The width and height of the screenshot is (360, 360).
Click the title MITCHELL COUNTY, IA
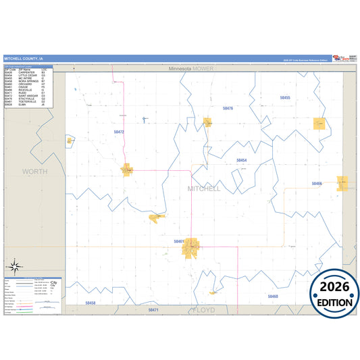pyautogui.click(x=24, y=58)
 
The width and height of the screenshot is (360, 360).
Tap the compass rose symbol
pyautogui.click(x=14, y=267)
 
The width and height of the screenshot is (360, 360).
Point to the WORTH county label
pyautogui.click(x=35, y=172)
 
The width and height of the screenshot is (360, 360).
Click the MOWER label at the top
pyautogui.click(x=203, y=69)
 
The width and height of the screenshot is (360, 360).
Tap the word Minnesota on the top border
pyautogui.click(x=180, y=69)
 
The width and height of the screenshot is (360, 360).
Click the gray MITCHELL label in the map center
pyautogui.click(x=204, y=188)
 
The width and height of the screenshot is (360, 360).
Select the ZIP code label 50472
pyautogui.click(x=119, y=132)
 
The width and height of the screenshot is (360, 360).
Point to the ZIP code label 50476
pyautogui.click(x=228, y=108)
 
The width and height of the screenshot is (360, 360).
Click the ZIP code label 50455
pyautogui.click(x=285, y=98)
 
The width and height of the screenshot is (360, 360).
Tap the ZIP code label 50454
pyautogui.click(x=241, y=160)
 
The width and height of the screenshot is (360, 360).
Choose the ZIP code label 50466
pyautogui.click(x=317, y=183)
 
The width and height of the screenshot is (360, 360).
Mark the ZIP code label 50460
pyautogui.click(x=272, y=297)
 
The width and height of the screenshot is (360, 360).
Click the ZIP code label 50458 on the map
pyautogui.click(x=91, y=303)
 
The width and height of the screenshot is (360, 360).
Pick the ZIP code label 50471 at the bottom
pyautogui.click(x=153, y=309)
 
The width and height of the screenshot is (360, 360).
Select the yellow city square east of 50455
pyautogui.click(x=319, y=124)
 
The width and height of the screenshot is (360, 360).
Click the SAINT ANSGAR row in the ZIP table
pyautogui.click(x=27, y=96)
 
